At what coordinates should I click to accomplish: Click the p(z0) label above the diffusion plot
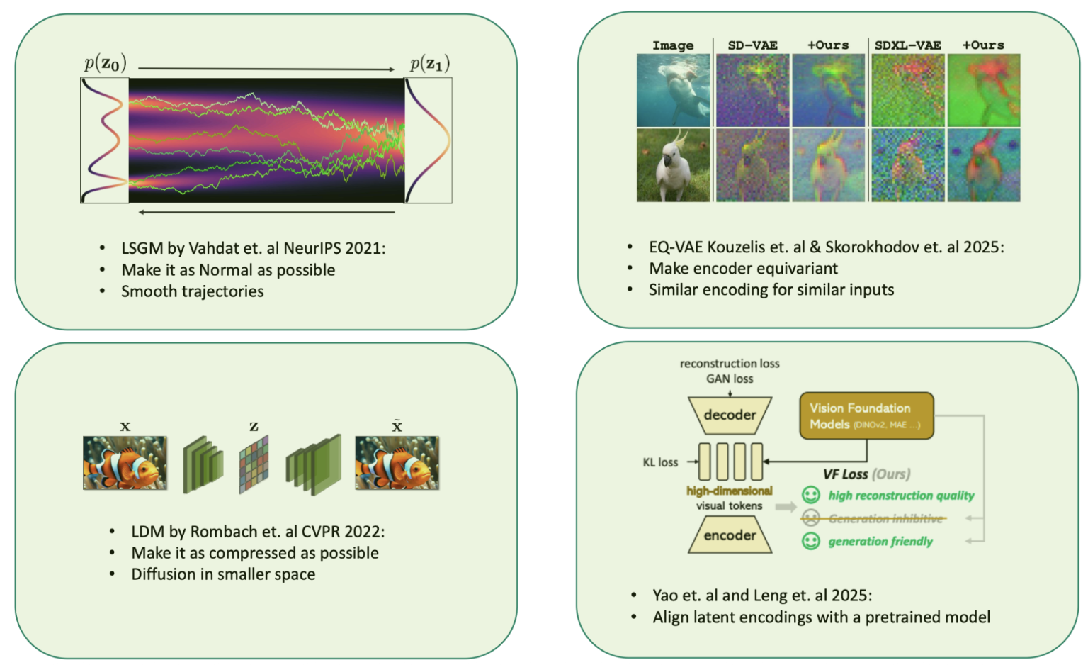[x=106, y=63]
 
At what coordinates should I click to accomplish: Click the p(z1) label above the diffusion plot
[x=429, y=64]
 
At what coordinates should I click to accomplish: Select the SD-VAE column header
[x=752, y=45]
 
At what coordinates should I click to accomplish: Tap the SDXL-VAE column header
[x=907, y=45]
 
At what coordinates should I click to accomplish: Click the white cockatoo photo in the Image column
[x=673, y=165]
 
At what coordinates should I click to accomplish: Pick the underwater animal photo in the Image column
[x=673, y=91]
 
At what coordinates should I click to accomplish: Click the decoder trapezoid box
[x=730, y=415]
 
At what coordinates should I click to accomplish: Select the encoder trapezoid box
[x=730, y=535]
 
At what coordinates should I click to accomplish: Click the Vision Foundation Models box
[x=866, y=416]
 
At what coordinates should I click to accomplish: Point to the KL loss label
[x=660, y=462]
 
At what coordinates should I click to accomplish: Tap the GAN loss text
[x=730, y=379]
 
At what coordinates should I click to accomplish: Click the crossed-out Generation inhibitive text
[x=885, y=518]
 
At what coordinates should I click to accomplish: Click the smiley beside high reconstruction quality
[x=810, y=495]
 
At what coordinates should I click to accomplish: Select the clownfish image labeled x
[x=125, y=463]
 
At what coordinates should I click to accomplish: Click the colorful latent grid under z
[x=254, y=464]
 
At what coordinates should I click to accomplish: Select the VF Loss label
[x=845, y=474]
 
